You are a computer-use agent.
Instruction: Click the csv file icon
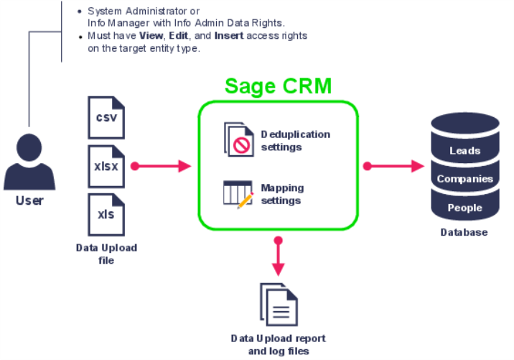pyautogui.click(x=106, y=116)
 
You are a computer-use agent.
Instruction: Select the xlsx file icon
pyautogui.click(x=106, y=165)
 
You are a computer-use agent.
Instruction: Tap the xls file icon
pyautogui.click(x=106, y=213)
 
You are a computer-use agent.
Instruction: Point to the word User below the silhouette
pyautogui.click(x=29, y=200)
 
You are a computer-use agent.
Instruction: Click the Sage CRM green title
pyautogui.click(x=278, y=86)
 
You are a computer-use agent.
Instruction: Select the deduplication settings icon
pyautogui.click(x=238, y=140)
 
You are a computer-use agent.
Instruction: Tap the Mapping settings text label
pyautogui.click(x=282, y=194)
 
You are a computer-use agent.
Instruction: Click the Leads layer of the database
pyautogui.click(x=464, y=151)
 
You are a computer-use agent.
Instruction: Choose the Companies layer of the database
pyautogui.click(x=464, y=179)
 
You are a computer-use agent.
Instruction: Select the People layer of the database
pyautogui.click(x=464, y=208)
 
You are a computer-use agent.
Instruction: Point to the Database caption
pyautogui.click(x=464, y=233)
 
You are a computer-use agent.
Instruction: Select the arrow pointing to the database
pyautogui.click(x=394, y=166)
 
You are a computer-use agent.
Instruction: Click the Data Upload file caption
pyautogui.click(x=106, y=254)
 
